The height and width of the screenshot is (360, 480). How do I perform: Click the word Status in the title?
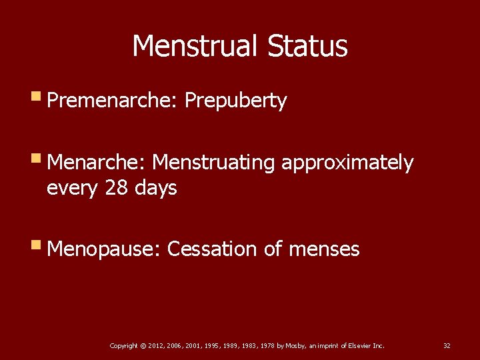tap(307, 46)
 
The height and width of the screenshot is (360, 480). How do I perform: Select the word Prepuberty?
tap(235, 101)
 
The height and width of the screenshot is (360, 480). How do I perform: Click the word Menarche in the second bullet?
tap(97, 163)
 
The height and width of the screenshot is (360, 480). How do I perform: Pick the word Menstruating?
tap(215, 163)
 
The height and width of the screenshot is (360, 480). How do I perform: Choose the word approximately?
tap(347, 163)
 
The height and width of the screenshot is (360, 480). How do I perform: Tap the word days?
tap(155, 188)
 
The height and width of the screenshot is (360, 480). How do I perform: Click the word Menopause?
tap(104, 249)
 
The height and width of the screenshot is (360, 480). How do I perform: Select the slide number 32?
tap(447, 345)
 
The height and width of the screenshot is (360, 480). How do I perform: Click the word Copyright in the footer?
tap(123, 345)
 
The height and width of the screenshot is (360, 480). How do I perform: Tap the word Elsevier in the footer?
tap(358, 345)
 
